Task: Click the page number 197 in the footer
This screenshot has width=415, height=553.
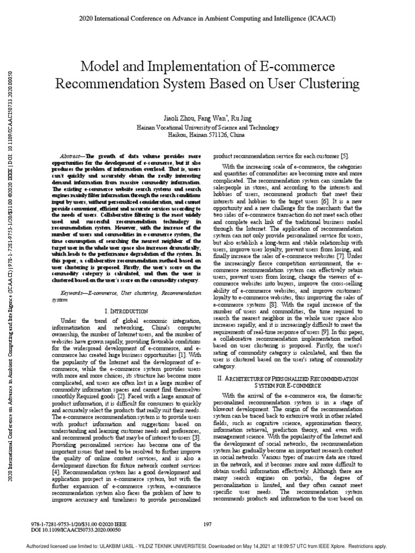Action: [207, 524]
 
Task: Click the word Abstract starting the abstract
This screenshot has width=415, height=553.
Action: [72, 154]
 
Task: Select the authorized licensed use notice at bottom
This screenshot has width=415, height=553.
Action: [207, 546]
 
